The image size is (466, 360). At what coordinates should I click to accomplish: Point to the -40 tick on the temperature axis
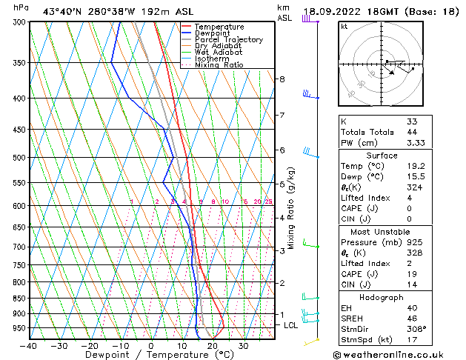(x=29, y=345)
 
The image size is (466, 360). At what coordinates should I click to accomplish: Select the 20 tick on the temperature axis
(x=212, y=345)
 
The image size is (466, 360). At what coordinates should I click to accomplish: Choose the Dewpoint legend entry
(x=214, y=33)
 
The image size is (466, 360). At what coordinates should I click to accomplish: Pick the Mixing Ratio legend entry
(x=219, y=65)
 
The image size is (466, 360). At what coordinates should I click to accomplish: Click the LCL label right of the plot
(x=291, y=325)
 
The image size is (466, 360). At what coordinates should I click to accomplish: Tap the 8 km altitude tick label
(x=282, y=79)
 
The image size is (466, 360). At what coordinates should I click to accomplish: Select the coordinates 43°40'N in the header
(x=61, y=11)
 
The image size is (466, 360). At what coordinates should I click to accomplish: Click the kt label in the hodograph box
(x=344, y=27)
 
